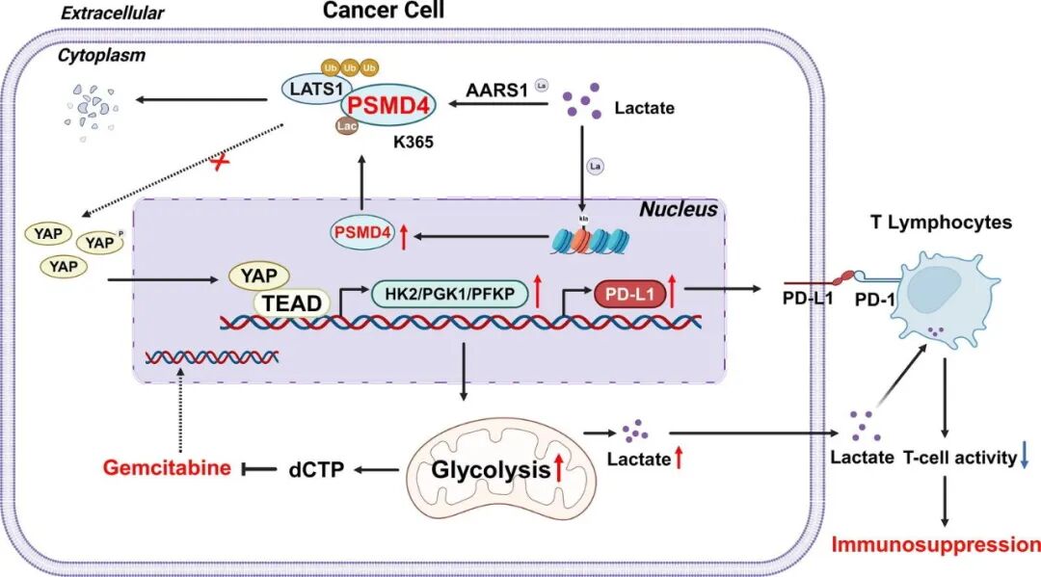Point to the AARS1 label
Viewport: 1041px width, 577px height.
(x=498, y=90)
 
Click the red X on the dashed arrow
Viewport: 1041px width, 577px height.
(x=222, y=163)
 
